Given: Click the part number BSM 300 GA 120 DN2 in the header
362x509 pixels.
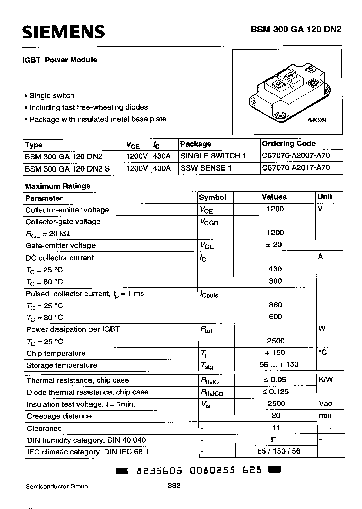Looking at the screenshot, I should point(296,29).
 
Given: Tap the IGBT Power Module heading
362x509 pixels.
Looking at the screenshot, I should point(59,60).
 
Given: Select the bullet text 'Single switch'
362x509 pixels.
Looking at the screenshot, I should point(51,96).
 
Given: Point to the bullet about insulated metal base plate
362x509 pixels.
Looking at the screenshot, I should point(98,119).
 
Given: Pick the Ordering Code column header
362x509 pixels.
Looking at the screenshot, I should point(289,144).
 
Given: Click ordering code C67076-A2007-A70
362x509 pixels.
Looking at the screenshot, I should point(296,156).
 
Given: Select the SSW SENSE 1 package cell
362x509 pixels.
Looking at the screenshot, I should point(206,168).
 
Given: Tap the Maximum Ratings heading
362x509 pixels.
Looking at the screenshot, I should point(57,186).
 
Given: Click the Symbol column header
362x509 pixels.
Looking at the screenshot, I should point(213,197).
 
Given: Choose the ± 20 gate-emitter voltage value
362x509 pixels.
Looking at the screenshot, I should point(275,245).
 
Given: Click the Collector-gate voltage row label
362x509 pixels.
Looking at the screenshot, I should point(62,222).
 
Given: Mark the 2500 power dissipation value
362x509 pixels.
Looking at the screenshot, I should point(276,341).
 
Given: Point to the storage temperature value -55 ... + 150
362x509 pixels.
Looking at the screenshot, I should point(275,365).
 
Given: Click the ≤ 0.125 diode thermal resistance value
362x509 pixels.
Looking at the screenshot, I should point(275,392).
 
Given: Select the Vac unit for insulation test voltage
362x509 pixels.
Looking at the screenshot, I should point(325,404).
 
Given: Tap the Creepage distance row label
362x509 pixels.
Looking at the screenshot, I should point(58,416).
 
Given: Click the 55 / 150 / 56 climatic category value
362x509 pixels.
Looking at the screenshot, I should point(275,452).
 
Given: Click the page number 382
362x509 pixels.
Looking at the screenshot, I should point(174,486).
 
